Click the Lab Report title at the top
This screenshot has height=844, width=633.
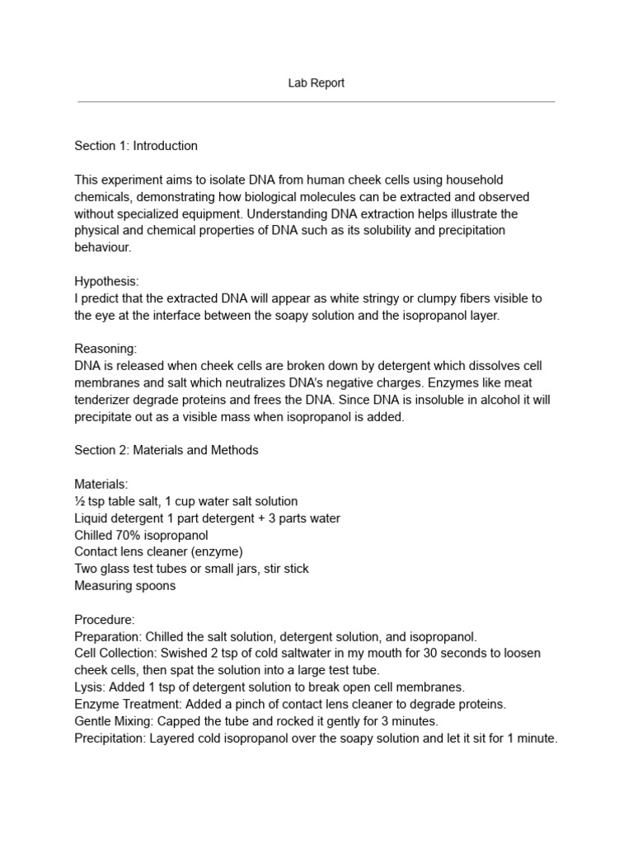click(x=316, y=83)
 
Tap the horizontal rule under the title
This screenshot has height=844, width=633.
click(x=316, y=102)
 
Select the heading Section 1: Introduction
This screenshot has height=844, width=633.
click(x=136, y=146)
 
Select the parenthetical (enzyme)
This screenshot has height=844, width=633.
click(x=214, y=551)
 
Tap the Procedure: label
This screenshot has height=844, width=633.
click(x=105, y=619)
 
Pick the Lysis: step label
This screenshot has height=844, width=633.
click(x=90, y=687)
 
